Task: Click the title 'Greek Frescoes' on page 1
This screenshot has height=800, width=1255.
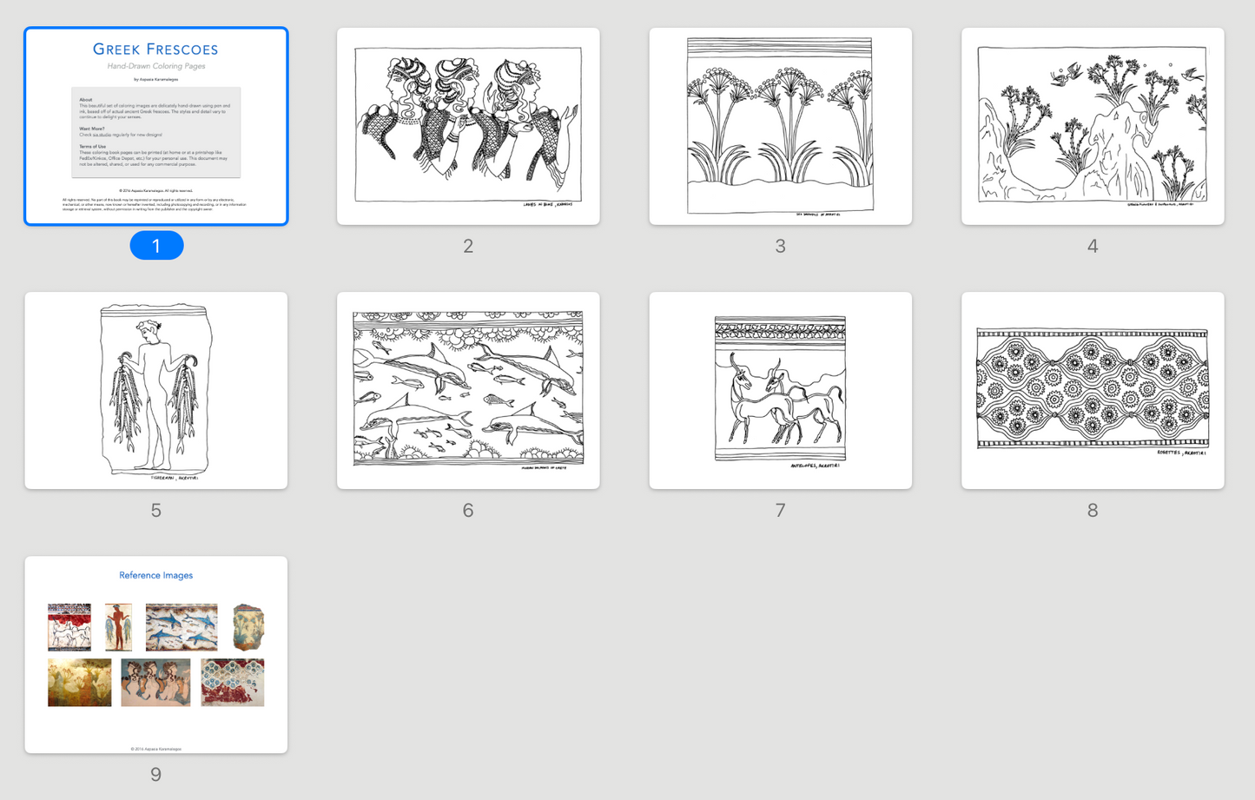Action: click(155, 50)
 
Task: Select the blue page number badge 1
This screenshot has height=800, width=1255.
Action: click(156, 246)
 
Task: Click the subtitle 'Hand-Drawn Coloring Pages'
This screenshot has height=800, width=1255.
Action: click(155, 66)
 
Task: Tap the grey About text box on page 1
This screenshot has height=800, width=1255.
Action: click(155, 132)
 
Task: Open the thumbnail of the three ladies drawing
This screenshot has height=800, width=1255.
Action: click(468, 126)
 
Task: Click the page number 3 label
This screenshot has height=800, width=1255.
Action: click(780, 247)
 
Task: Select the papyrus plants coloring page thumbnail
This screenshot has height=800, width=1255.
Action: click(780, 126)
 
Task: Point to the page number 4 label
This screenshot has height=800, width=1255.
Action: click(1093, 247)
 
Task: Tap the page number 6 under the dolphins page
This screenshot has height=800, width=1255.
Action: click(468, 511)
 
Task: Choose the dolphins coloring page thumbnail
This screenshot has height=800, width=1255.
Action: click(468, 390)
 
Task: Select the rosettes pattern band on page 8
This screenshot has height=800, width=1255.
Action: click(1093, 388)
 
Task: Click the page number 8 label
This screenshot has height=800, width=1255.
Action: click(1093, 511)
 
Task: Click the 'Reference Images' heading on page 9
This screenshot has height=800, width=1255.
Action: click(155, 575)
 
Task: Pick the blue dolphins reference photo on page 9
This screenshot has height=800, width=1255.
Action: click(182, 627)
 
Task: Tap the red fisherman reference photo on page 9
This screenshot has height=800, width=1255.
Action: click(118, 627)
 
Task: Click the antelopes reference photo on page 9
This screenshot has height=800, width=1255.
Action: click(69, 627)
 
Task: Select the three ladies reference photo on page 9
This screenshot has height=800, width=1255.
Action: click(155, 683)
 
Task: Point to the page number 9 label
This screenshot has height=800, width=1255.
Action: click(156, 775)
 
